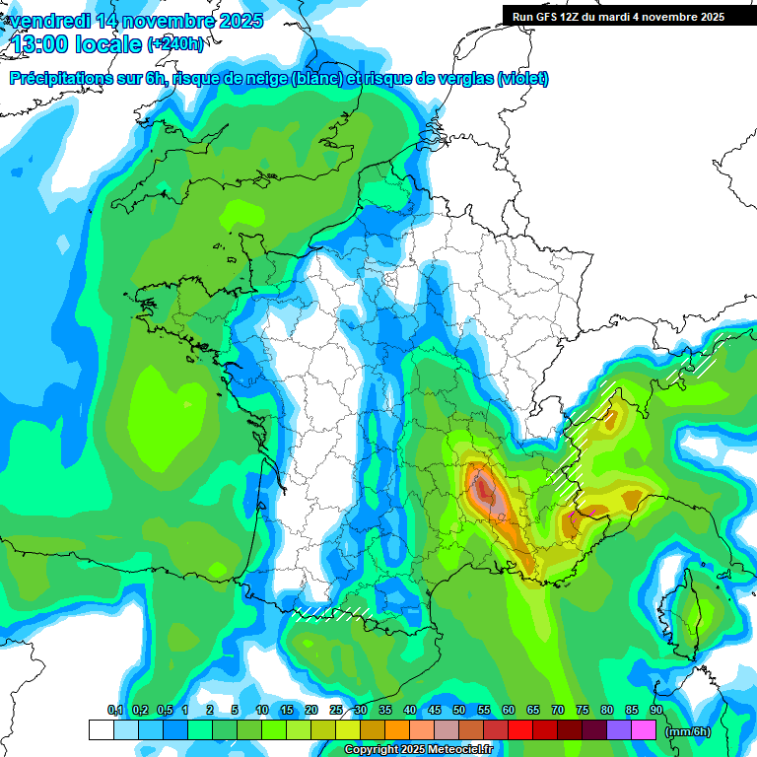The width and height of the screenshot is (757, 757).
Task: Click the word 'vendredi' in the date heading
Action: pyautogui.click(x=51, y=21)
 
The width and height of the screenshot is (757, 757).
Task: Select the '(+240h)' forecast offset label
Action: pyautogui.click(x=175, y=44)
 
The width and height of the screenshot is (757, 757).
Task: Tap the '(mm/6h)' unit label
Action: pyautogui.click(x=688, y=731)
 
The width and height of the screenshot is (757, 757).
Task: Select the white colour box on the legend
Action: pyautogui.click(x=101, y=730)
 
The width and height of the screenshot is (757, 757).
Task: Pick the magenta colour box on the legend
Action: pyautogui.click(x=644, y=730)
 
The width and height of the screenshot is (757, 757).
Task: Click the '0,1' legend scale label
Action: pyautogui.click(x=115, y=711)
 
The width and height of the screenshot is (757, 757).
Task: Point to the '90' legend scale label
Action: pyautogui.click(x=656, y=711)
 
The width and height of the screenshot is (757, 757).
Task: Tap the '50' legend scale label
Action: pyautogui.click(x=459, y=711)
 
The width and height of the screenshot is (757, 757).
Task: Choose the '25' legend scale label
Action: pyautogui.click(x=336, y=711)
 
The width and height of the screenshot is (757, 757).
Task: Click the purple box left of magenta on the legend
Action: pyautogui.click(x=619, y=730)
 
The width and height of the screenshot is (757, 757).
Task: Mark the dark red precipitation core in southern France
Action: pyautogui.click(x=485, y=489)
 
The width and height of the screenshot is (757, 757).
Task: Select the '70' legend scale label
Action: pyautogui.click(x=558, y=711)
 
